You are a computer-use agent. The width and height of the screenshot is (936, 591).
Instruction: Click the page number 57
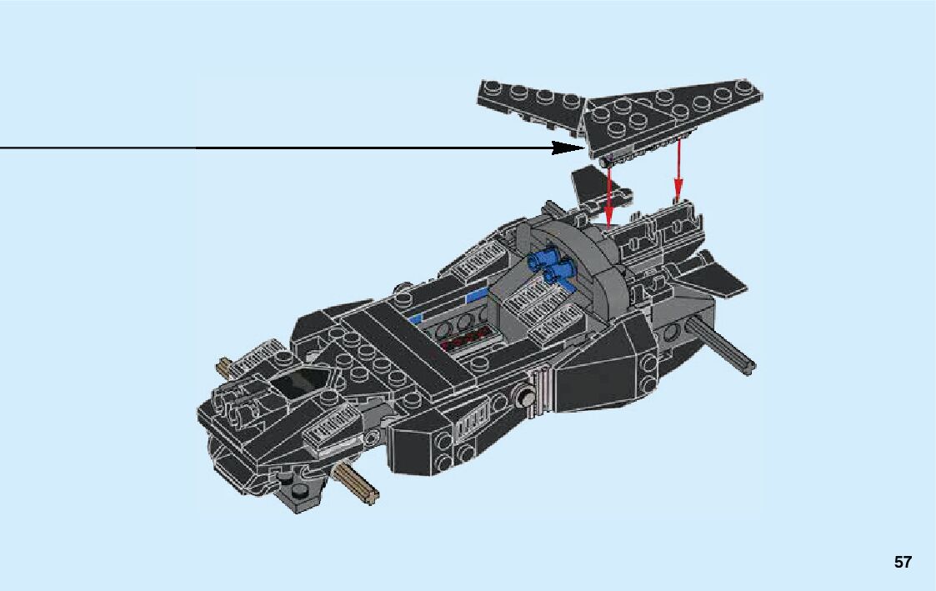point(903,563)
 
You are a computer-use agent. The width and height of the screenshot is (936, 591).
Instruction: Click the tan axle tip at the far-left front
point(226,367)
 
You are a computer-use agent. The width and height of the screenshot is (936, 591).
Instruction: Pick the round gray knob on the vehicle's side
point(526,398)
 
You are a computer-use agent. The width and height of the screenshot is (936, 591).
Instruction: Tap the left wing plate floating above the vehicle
point(529,104)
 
